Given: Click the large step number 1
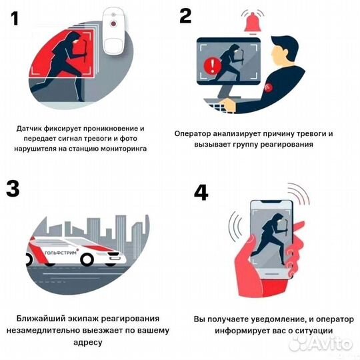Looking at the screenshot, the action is coord(15,19).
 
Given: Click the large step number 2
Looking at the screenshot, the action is coord(185,15).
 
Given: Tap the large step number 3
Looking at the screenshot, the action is coord(13,189).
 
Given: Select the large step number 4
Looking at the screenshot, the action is coord(201,193).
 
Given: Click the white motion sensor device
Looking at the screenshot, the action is coord(113,31).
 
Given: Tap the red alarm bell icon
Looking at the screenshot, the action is coord(253,22).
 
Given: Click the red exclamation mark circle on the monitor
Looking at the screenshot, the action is coord(213,65).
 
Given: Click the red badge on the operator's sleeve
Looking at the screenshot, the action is coord(268,87).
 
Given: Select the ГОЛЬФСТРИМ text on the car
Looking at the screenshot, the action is coord(61,253).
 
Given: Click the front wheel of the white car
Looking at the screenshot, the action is coord(87,259).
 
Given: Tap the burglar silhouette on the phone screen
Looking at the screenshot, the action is coord(271,239).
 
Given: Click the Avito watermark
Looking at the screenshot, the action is coord(321,344).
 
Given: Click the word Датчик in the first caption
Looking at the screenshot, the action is coord(29,129).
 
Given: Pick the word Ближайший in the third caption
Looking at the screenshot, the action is coord(41,319).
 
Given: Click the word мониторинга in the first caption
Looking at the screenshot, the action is coord(123,149).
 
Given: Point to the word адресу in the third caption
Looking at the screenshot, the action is coord(88,343).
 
